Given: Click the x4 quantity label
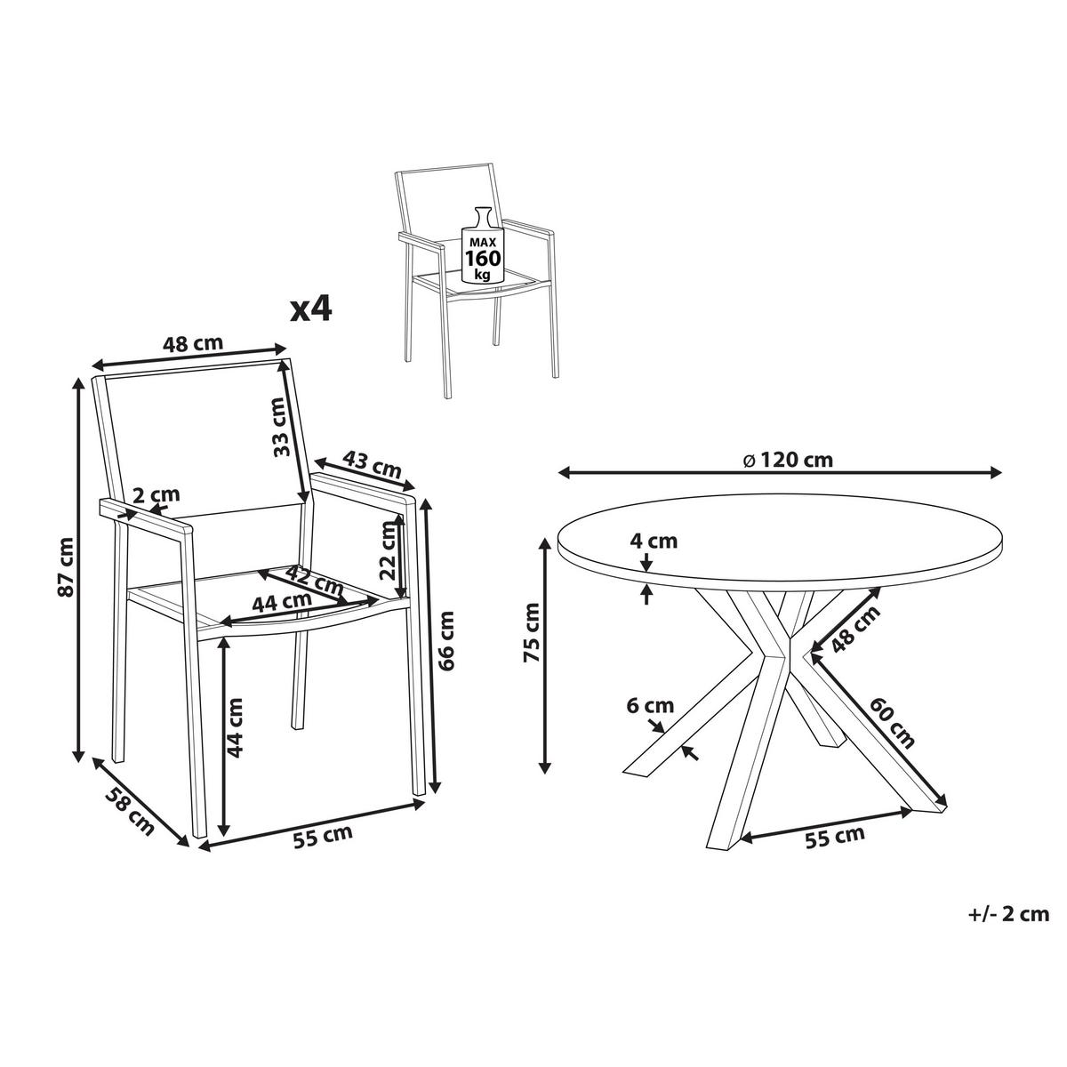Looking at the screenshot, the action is click(311, 310).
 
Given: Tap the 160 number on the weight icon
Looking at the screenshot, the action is click(482, 258).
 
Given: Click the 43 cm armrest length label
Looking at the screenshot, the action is click(372, 464).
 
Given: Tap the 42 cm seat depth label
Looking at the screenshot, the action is click(316, 580).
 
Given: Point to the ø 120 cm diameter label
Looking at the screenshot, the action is click(789, 461).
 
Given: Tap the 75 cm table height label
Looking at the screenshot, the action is click(533, 632).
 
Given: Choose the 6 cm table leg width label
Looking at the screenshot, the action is click(650, 706).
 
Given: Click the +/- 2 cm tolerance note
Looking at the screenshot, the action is click(1008, 914).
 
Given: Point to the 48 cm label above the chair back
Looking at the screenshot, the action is click(193, 343).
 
